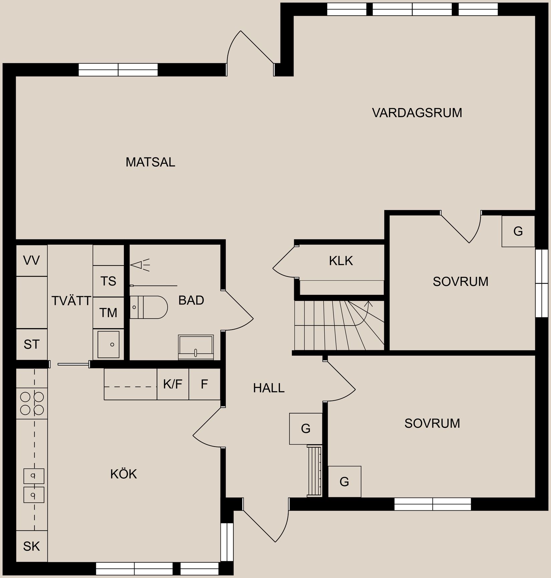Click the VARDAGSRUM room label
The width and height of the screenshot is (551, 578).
point(417,113)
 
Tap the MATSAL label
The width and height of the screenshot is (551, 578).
point(150,162)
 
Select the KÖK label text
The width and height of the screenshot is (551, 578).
point(124,474)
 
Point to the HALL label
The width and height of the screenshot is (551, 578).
point(268,388)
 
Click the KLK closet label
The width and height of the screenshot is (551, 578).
point(341,261)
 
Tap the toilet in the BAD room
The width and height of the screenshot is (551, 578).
point(149,307)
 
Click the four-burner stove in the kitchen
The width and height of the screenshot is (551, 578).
point(32,403)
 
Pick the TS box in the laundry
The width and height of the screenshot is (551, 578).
point(108,281)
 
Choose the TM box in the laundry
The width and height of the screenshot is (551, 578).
point(108,313)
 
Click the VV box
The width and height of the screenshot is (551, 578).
point(31,260)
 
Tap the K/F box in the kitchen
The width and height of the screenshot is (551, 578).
point(173,384)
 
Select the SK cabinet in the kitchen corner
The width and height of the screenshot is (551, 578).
point(31,546)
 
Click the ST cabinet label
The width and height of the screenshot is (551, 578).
point(31,344)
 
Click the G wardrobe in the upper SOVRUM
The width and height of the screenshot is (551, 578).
point(518,231)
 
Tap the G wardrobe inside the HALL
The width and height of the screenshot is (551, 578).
point(306,429)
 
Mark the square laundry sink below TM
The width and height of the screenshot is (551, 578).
point(108,344)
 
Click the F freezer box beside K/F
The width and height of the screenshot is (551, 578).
point(204,384)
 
